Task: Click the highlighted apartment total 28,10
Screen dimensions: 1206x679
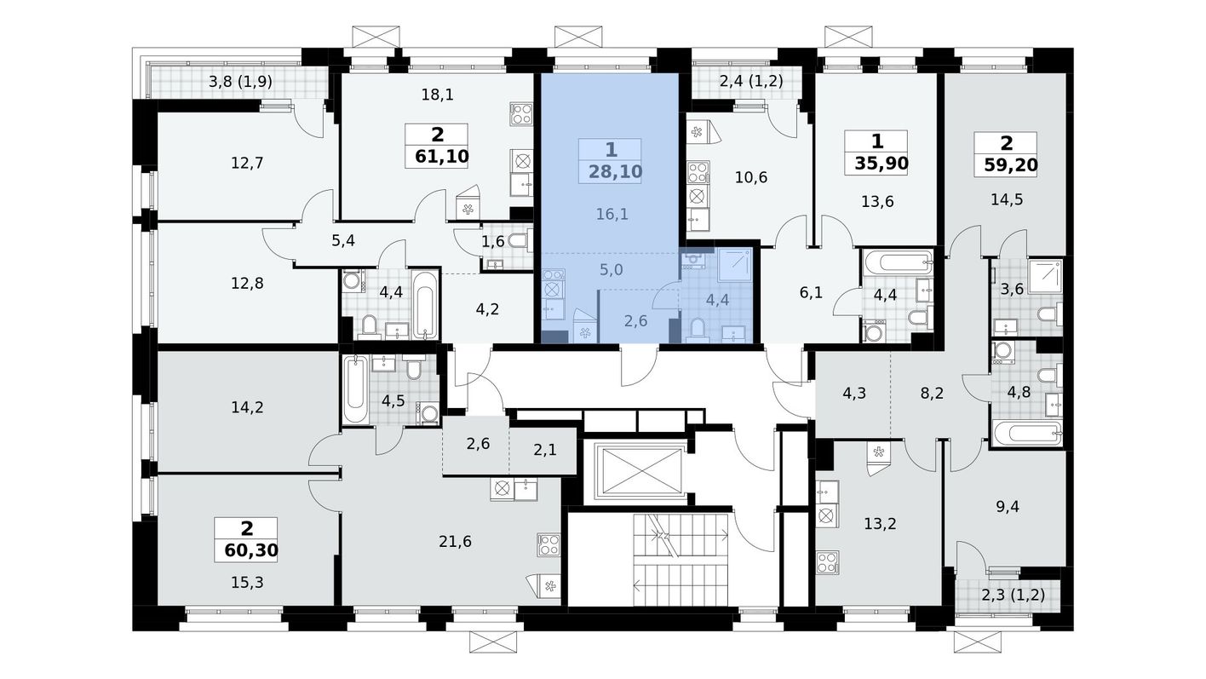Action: coord(616,172)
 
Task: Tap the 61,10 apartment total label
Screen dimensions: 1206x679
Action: coord(442,157)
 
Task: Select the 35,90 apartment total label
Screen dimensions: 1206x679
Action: coord(882,164)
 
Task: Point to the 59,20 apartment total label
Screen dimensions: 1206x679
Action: coord(1011,164)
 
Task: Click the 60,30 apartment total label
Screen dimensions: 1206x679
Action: coord(251,551)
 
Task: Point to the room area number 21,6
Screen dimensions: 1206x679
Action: coord(455,541)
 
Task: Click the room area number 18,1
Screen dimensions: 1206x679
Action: coord(437,95)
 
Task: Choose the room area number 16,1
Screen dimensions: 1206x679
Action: coord(612,215)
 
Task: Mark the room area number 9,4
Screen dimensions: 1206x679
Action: coord(1007,507)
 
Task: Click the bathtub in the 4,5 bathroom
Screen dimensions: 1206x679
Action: coord(355,388)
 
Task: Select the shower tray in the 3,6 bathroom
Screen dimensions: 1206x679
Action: coord(1045,276)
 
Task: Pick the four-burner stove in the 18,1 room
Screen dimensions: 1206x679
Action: coord(521,114)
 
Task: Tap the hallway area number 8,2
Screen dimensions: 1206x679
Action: coord(932,393)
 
